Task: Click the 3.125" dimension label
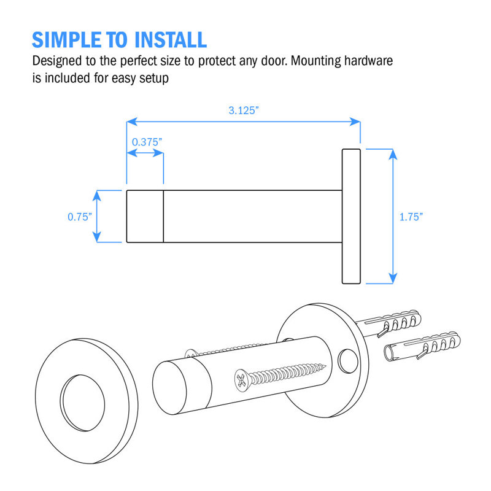244,110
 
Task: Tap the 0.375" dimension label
147,142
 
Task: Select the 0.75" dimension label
80,217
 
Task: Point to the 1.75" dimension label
411,217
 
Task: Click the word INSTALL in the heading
171,40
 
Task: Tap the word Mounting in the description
315,61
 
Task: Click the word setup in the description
154,78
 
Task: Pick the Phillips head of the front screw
242,381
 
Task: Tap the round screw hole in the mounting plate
347,361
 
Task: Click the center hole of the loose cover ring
82,403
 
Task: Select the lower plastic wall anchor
422,346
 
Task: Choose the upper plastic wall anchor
390,323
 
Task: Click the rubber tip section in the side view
145,217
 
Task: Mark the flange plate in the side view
351,217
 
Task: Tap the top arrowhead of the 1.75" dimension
393,154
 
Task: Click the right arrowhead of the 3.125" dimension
355,122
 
